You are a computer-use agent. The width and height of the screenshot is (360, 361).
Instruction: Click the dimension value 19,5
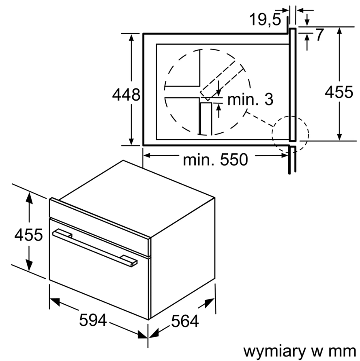click(265, 19)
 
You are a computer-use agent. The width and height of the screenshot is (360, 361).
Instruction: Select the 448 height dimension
click(126, 95)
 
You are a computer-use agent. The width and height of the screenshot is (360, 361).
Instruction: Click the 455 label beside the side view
click(339, 92)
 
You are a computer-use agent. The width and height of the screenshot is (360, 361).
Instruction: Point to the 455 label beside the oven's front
click(28, 235)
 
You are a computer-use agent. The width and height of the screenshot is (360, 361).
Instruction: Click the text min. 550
click(215, 159)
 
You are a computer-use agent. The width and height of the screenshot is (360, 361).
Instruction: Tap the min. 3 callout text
click(251, 99)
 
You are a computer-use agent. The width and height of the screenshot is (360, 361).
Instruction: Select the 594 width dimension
click(93, 320)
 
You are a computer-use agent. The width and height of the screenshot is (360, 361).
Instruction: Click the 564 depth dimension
click(185, 321)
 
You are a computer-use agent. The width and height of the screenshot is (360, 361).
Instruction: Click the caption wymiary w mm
click(300, 352)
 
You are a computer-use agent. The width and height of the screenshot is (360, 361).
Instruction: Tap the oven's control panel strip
click(100, 227)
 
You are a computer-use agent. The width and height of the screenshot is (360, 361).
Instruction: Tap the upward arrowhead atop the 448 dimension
click(131, 39)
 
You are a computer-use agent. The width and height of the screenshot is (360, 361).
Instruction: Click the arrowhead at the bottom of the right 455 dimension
click(339, 136)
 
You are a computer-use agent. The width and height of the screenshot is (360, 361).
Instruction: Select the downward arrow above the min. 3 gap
click(219, 88)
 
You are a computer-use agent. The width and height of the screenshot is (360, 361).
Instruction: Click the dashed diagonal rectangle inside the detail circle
click(222, 81)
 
